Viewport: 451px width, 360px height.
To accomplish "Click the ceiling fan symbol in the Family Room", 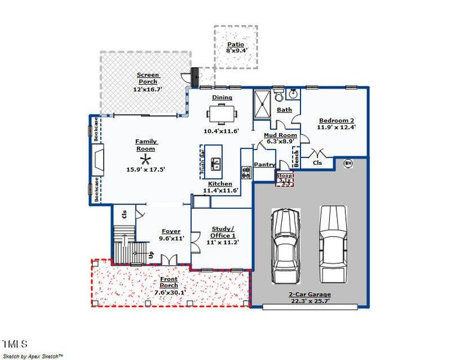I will [145, 159].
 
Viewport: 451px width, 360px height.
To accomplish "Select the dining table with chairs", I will [222, 113].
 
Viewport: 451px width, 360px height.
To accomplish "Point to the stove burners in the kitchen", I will [246, 173].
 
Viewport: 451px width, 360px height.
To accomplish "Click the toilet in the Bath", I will [278, 97].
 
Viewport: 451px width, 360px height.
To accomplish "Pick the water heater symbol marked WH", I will [347, 163].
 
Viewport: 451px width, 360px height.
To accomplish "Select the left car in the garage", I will [285, 245].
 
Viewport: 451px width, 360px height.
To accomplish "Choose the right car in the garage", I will [333, 244].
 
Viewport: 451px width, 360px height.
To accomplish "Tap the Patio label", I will [235, 45].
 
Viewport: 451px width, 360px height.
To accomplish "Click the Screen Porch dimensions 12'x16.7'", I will [148, 89].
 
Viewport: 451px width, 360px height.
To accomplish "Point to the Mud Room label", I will [281, 136].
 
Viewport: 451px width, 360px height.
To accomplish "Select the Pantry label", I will [264, 164].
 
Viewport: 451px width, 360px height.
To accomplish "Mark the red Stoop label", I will [284, 176].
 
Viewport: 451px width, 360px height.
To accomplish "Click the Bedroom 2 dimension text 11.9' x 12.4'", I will [336, 127].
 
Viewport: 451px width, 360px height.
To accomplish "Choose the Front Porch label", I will [169, 282].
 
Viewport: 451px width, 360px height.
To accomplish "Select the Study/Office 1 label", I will [224, 232].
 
